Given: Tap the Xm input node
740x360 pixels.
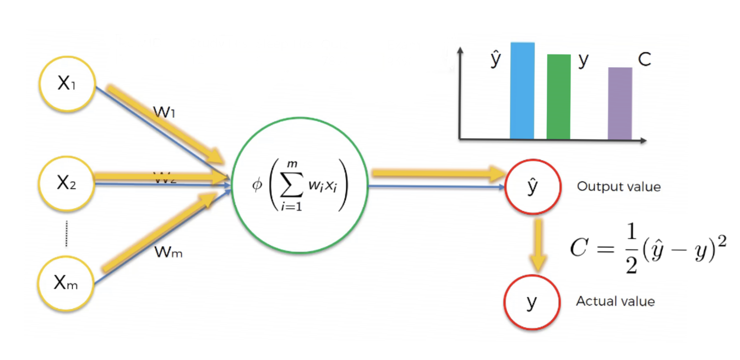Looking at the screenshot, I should click(x=66, y=283).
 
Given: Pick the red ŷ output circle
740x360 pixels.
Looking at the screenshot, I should click(x=532, y=187).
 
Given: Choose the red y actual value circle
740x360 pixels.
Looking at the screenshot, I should click(x=531, y=302).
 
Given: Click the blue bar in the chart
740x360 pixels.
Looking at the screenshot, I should click(x=522, y=91).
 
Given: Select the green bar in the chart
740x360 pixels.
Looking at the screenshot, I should click(x=558, y=97).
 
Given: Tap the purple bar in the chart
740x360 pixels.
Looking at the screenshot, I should click(x=620, y=103).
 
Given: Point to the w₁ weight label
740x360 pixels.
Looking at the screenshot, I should click(x=165, y=112).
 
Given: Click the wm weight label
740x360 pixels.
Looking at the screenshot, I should click(x=168, y=253).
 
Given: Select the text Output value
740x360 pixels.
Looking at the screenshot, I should click(x=618, y=187).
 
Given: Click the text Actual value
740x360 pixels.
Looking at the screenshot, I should click(x=615, y=302).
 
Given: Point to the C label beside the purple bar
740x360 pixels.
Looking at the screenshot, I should click(x=644, y=59).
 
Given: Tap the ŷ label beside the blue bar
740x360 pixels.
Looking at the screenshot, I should click(x=496, y=59).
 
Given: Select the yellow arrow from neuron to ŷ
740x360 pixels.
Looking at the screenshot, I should click(x=438, y=174).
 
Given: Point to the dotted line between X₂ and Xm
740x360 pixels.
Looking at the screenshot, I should click(x=67, y=233).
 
